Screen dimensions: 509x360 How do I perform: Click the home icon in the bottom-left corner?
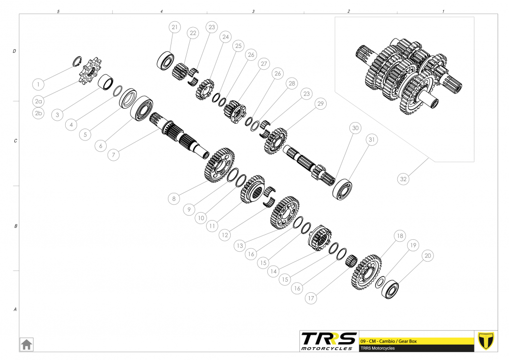tap(26, 344)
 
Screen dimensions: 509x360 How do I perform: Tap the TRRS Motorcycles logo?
tap(328, 341)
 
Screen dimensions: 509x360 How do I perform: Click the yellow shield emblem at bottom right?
tap(486, 341)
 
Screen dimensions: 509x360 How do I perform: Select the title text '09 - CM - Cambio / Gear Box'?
tap(388, 341)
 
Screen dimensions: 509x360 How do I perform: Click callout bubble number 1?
tap(39, 85)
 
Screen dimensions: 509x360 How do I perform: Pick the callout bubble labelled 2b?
tap(39, 113)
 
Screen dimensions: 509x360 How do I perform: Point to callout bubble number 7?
tap(113, 155)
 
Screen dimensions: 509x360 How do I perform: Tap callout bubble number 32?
tap(403, 179)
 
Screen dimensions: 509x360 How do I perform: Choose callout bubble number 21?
tap(174, 27)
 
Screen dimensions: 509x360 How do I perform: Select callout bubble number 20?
tap(428, 256)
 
